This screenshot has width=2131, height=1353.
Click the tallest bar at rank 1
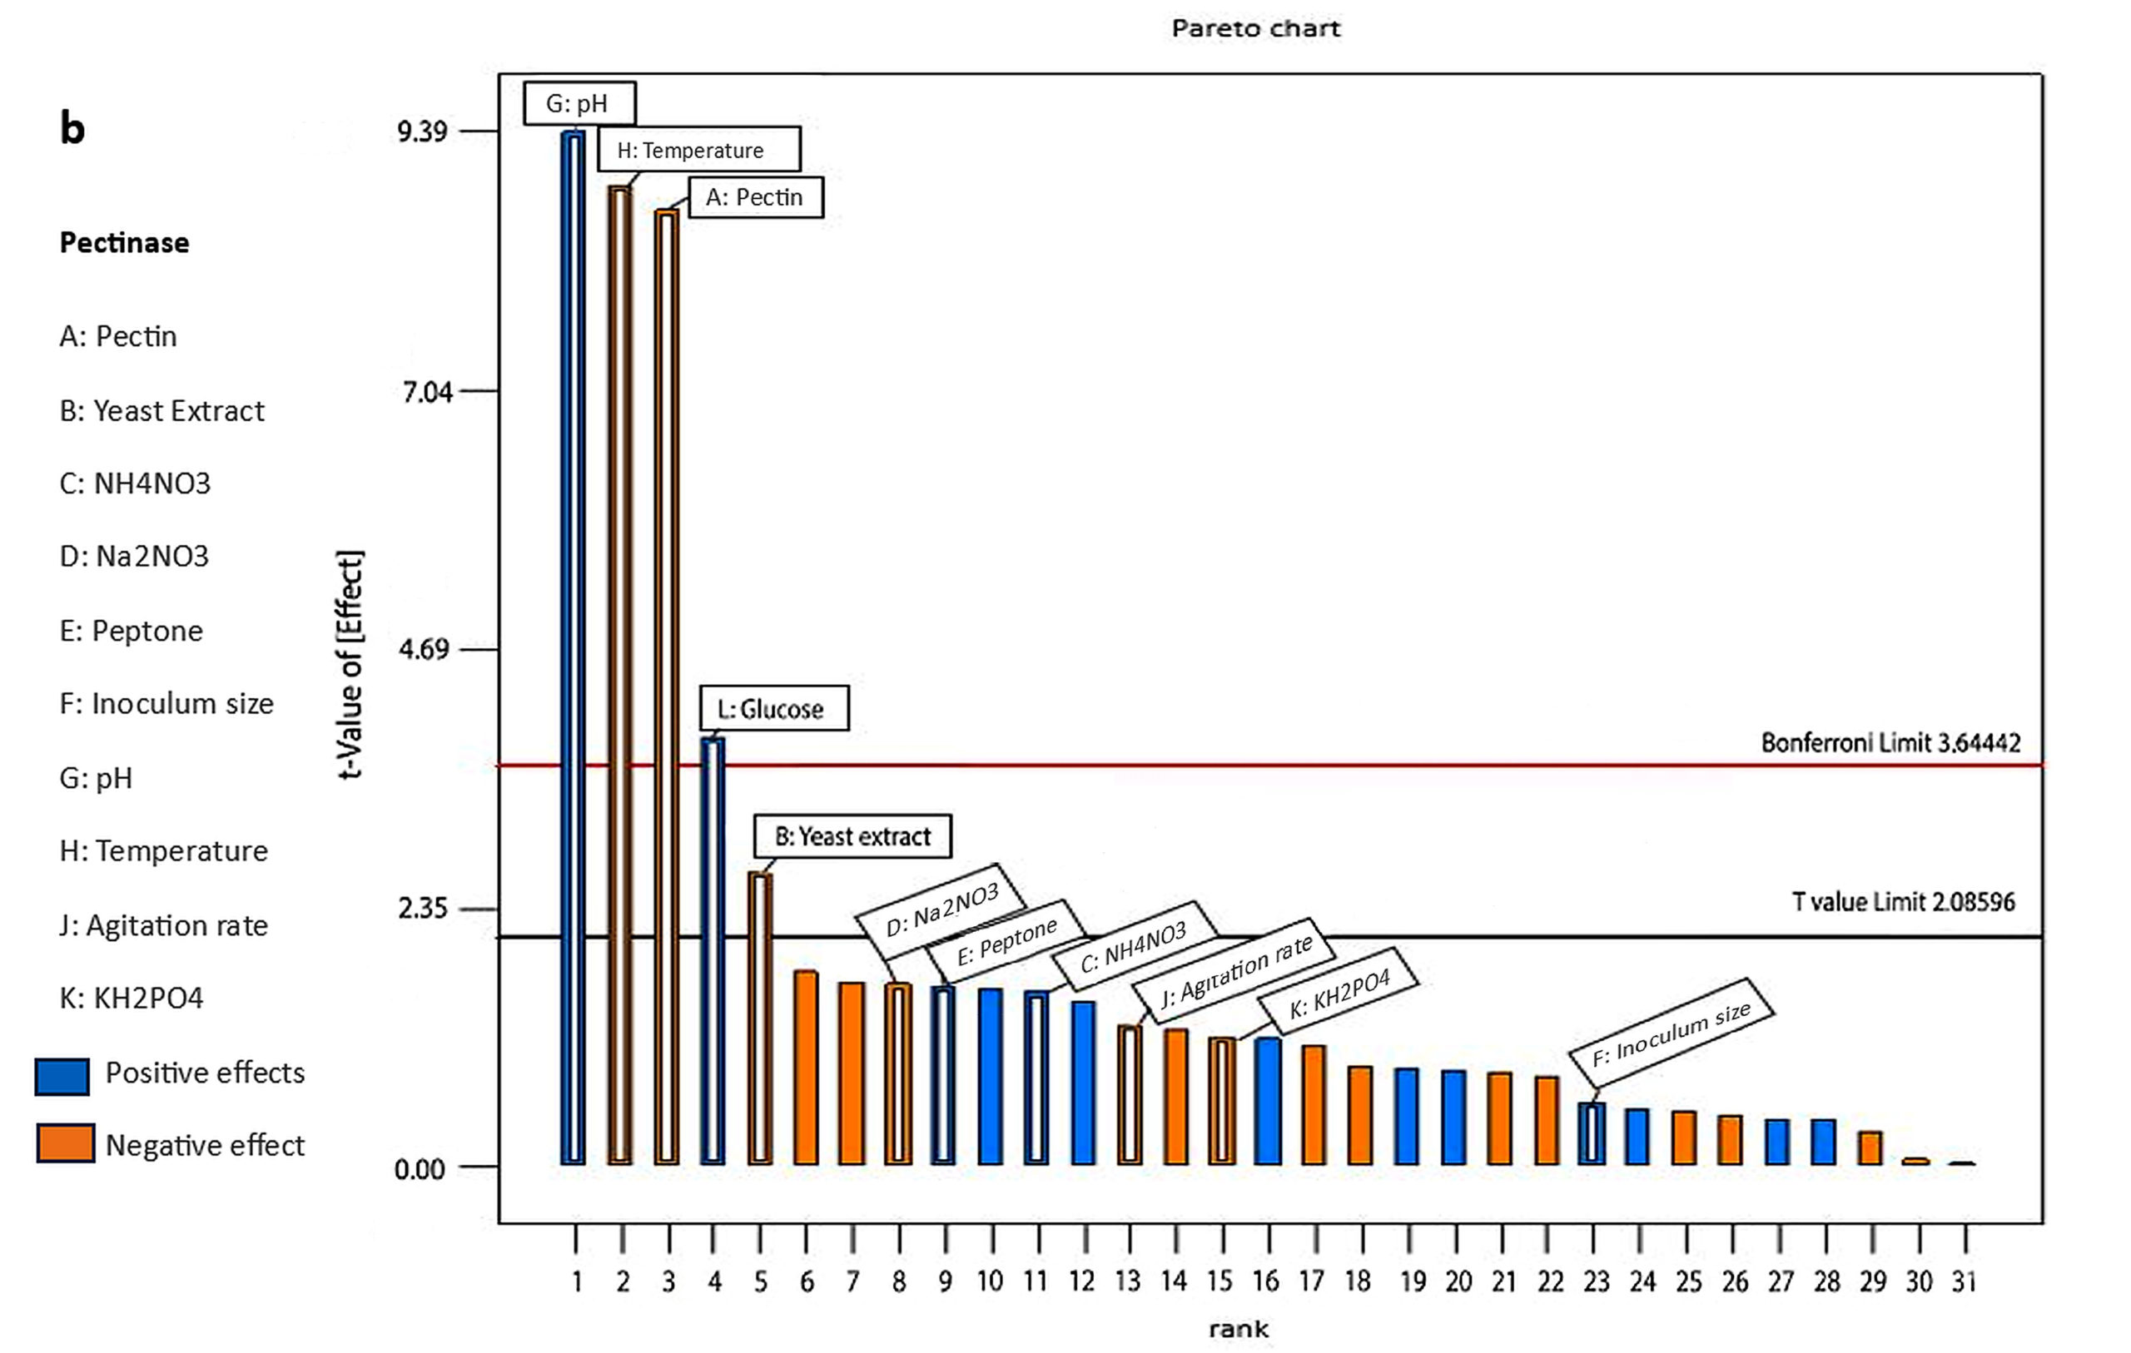(x=574, y=646)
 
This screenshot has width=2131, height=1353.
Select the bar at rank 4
(x=713, y=951)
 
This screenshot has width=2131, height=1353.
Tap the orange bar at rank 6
(x=805, y=1068)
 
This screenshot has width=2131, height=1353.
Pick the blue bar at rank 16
(x=1267, y=1101)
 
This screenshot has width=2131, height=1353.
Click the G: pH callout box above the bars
(x=579, y=103)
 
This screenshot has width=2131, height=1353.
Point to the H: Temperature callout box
(x=698, y=150)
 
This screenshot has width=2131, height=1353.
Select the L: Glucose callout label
(x=773, y=709)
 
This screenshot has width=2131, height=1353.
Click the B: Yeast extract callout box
(x=852, y=836)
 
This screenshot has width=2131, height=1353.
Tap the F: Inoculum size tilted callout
(x=1671, y=1033)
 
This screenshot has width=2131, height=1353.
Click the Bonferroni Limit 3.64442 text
(x=1890, y=742)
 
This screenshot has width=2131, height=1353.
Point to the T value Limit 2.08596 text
(x=1903, y=902)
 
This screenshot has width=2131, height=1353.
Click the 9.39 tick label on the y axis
(x=422, y=131)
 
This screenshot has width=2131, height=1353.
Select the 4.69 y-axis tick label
(x=424, y=650)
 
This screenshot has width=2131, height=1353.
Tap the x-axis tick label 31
(x=1964, y=1281)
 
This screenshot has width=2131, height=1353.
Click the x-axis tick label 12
(x=1082, y=1281)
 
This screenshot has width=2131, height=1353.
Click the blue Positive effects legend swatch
(x=62, y=1076)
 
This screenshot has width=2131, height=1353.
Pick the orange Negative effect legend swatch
(x=65, y=1142)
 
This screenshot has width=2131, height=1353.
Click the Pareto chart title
(x=1255, y=28)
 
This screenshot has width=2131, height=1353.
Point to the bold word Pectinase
(x=124, y=242)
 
